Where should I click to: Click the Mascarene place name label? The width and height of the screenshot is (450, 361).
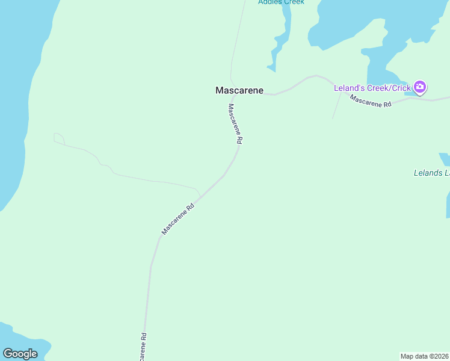pos(239,90)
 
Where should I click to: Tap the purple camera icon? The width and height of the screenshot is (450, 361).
pos(420,88)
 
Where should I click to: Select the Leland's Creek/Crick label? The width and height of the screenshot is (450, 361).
pos(372,88)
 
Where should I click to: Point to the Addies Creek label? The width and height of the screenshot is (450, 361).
pos(281,2)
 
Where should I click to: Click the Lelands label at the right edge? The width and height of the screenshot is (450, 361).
pos(431,173)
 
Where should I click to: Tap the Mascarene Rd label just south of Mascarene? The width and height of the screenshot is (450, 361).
pos(235,123)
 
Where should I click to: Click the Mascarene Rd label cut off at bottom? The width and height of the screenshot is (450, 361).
pos(143,348)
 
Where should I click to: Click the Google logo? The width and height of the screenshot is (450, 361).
pos(20,354)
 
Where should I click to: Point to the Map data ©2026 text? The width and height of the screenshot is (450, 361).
pos(425,356)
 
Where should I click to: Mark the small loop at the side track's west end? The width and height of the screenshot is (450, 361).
pos(58,138)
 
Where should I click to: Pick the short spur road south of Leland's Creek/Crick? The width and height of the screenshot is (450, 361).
pos(337,105)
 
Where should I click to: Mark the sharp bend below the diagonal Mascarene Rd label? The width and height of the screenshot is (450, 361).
pos(159,238)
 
